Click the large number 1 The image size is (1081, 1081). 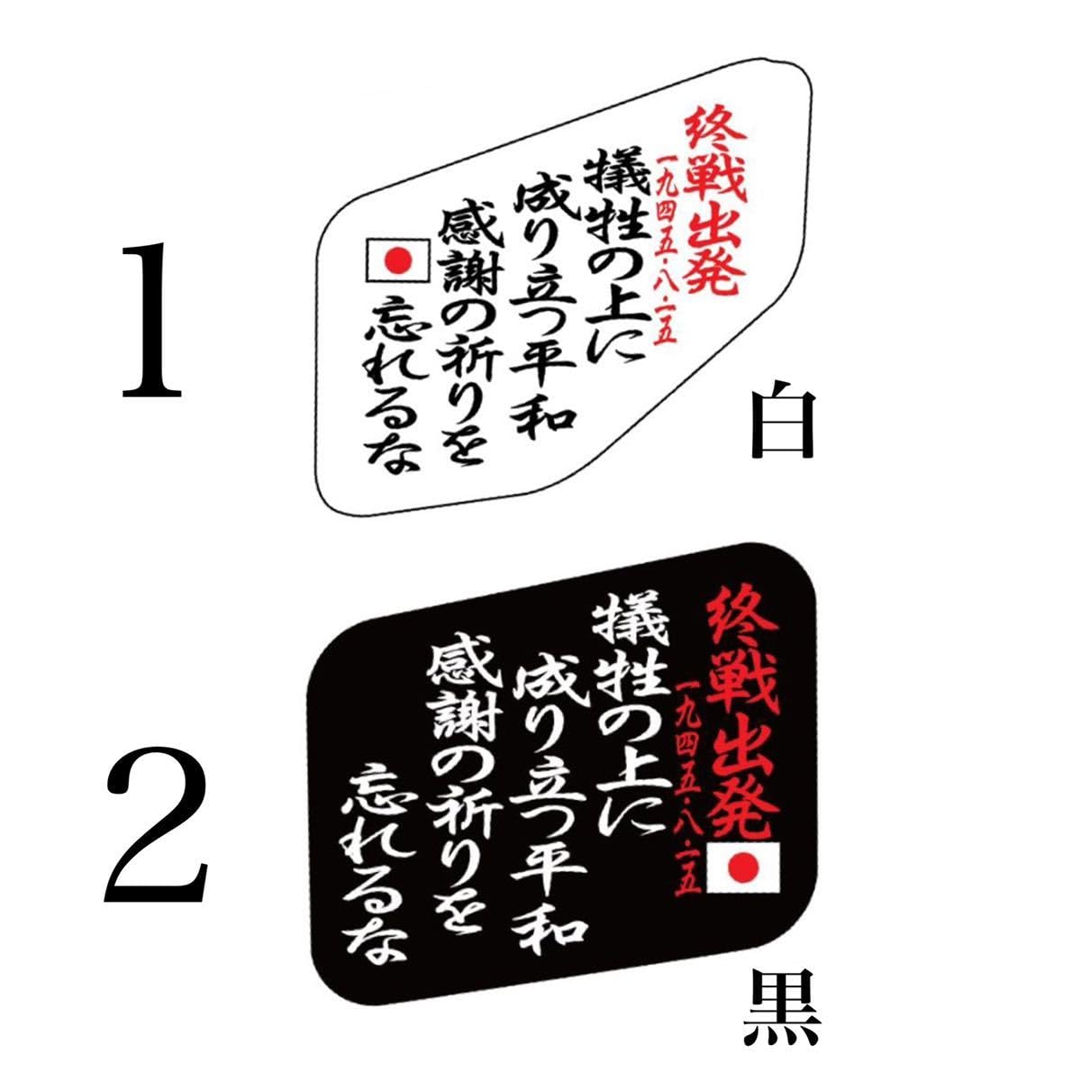coord(152,322)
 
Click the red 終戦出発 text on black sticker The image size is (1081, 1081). coord(740,712)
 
